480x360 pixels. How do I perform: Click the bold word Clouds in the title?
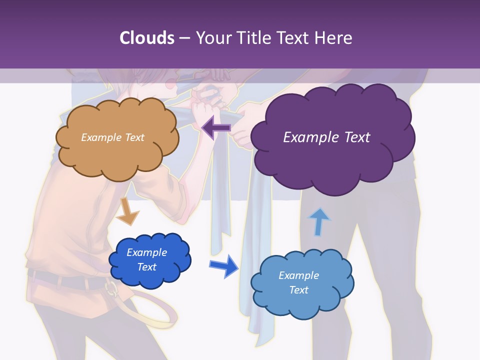[147, 38]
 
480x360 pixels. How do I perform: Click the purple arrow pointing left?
[216, 128]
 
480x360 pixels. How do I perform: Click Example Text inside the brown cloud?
[112, 137]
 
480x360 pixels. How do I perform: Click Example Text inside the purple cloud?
[326, 137]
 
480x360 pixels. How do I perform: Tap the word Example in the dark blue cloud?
[146, 252]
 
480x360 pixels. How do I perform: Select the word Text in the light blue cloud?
[298, 290]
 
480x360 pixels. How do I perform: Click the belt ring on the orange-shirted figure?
[111, 288]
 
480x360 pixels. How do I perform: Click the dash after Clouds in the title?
[184, 38]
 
